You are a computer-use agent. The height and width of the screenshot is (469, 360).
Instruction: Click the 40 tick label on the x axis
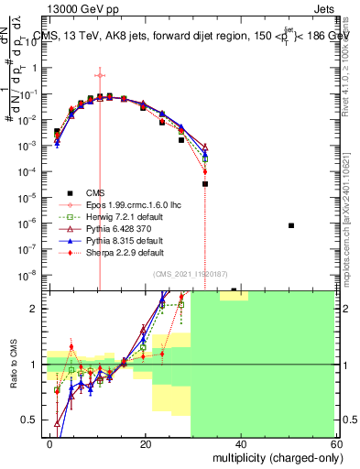coord(240,443)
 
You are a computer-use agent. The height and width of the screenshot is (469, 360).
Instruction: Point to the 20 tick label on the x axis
coord(146,443)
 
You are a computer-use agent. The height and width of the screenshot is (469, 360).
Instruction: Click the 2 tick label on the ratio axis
coord(34,309)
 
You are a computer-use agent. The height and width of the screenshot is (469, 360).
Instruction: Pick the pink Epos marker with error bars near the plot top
coord(99,75)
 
